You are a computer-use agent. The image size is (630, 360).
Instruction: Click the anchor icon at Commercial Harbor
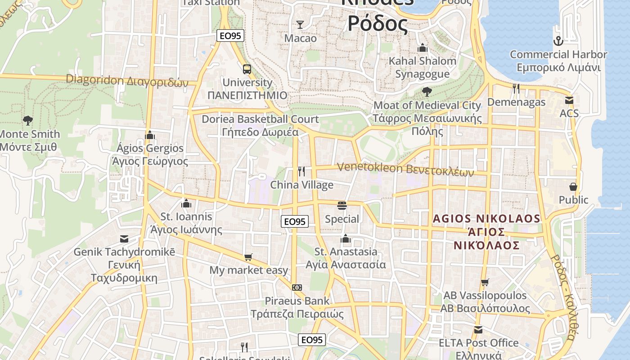tap(558, 41)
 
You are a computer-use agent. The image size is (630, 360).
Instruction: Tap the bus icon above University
tap(247, 69)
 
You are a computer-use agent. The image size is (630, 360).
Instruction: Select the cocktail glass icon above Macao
tap(300, 25)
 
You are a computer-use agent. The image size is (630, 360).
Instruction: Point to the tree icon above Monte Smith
tap(28, 121)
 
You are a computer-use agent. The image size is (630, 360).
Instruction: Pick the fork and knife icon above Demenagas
tap(516, 89)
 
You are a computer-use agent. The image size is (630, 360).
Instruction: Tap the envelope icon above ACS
tap(569, 100)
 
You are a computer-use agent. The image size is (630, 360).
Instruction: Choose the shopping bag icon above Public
tap(573, 186)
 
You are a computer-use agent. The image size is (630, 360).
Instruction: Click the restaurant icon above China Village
tap(301, 171)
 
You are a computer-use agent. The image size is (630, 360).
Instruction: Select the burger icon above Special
tap(342, 206)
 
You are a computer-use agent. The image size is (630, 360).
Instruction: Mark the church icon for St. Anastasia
tap(346, 238)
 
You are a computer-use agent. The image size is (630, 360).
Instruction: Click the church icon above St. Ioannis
tap(186, 203)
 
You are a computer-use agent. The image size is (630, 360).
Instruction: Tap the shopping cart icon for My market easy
tap(248, 257)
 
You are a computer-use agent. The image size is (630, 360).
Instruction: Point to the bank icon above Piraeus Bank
tap(297, 288)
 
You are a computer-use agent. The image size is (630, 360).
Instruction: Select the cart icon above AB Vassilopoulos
tap(485, 282)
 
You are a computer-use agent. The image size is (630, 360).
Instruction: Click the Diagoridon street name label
tap(127, 81)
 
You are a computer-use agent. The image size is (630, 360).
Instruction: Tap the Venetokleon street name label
tap(405, 169)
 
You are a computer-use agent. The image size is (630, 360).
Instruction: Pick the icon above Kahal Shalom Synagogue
tap(422, 48)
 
